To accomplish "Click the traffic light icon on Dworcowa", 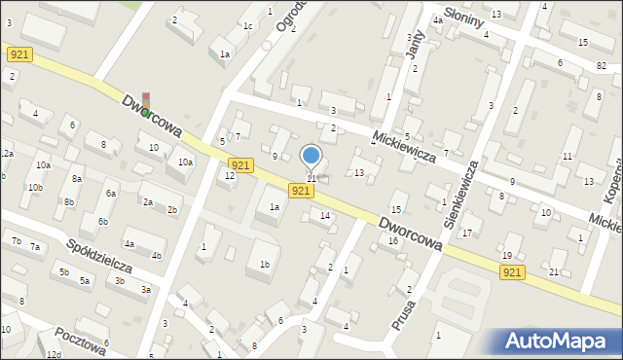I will coord(146,104).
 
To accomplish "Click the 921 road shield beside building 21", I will coord(516,275).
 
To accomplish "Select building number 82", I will coord(602,64).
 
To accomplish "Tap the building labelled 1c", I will coord(248,26).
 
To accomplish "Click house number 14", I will coord(325,215).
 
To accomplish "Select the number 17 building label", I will coord(467,233).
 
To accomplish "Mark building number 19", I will coord(506,256).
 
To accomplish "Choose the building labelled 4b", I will coord(157,257).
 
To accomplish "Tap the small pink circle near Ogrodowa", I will coord(267,45).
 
